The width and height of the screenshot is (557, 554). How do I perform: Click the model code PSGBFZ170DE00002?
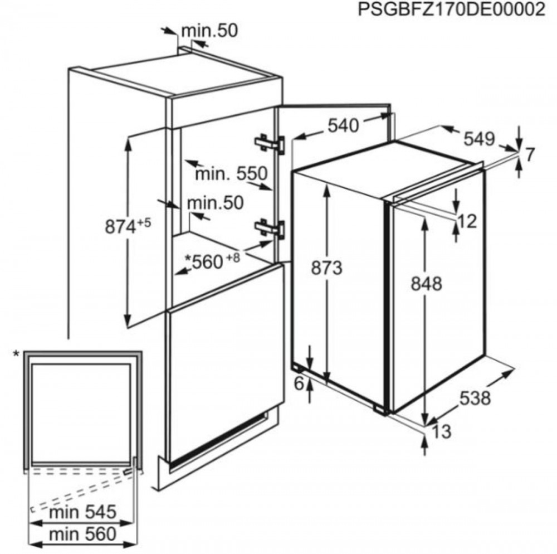click(451, 9)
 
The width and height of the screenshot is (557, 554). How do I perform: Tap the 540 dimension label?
click(343, 125)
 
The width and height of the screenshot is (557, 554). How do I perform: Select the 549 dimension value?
click(479, 139)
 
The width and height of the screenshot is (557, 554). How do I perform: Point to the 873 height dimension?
click(326, 268)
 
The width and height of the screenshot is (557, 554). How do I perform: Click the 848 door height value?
click(426, 284)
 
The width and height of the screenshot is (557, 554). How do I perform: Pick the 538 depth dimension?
click(475, 397)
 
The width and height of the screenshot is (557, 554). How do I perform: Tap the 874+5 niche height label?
click(128, 226)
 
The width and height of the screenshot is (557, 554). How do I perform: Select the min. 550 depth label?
click(231, 174)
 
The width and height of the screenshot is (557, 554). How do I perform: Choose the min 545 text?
click(83, 512)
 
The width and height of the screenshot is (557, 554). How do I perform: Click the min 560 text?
click(83, 534)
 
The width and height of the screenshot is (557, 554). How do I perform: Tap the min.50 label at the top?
click(209, 31)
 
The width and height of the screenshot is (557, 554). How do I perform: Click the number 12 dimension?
click(467, 222)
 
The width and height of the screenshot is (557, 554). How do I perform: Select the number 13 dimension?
click(442, 431)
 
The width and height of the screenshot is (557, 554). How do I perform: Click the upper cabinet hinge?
click(270, 144)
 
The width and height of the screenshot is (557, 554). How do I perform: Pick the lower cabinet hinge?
click(270, 228)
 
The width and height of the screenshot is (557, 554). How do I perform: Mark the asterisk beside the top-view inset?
click(16, 354)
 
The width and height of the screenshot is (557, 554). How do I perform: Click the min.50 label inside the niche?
click(215, 203)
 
